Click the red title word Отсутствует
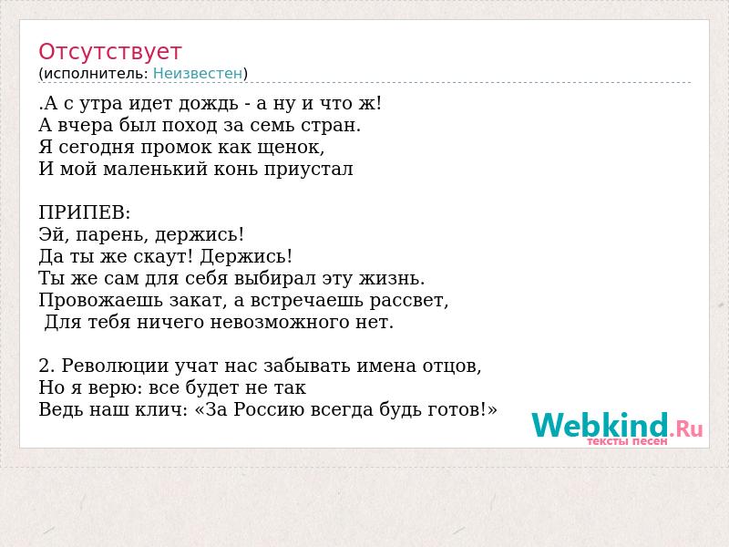click(x=109, y=52)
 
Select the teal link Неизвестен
click(x=198, y=73)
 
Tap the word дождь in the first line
click(x=209, y=104)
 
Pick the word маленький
click(x=155, y=169)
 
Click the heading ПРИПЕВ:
click(x=85, y=212)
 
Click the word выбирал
click(x=275, y=278)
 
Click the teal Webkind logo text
click(x=601, y=425)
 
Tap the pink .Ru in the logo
click(x=686, y=428)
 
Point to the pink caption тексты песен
click(x=627, y=441)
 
